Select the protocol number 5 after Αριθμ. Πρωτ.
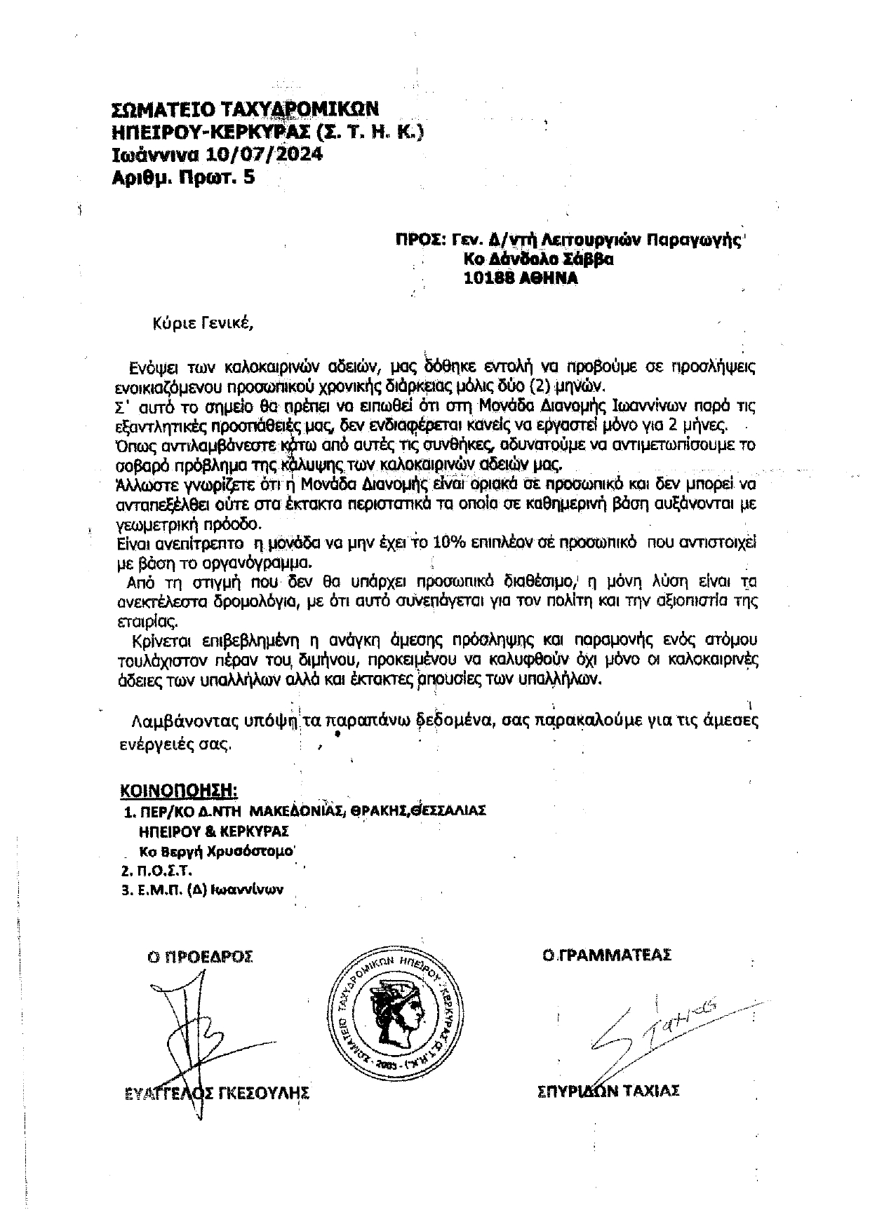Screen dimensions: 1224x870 [x=248, y=177]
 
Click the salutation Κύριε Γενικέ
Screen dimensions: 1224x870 [x=201, y=324]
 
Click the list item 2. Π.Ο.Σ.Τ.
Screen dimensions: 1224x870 [x=156, y=871]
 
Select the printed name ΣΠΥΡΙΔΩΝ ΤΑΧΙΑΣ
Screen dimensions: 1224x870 [x=607, y=1091]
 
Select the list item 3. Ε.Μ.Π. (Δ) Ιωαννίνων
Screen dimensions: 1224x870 [x=202, y=890]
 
